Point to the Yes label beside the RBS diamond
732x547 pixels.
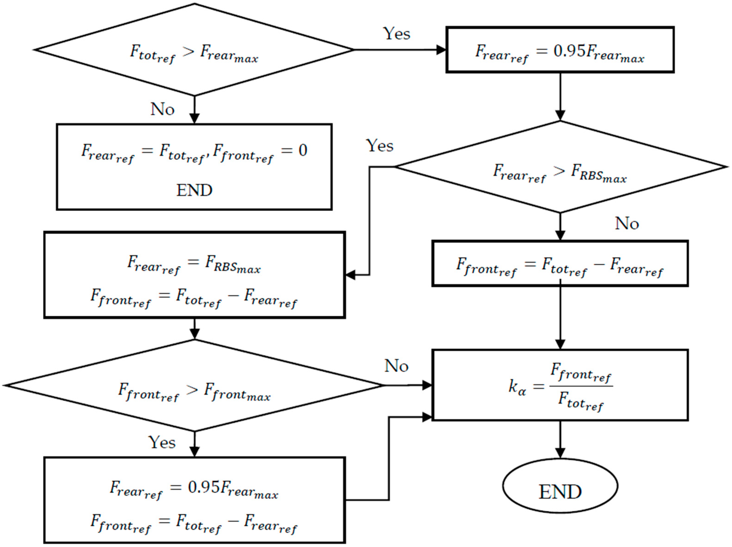pos(379,145)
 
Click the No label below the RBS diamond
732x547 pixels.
pos(627,224)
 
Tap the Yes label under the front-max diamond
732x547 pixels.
pos(162,442)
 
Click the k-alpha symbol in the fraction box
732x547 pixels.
pos(517,386)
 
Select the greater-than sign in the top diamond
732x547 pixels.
pos(188,51)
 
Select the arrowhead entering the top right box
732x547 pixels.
pos(441,50)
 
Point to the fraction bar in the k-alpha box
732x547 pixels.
pos(581,386)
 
